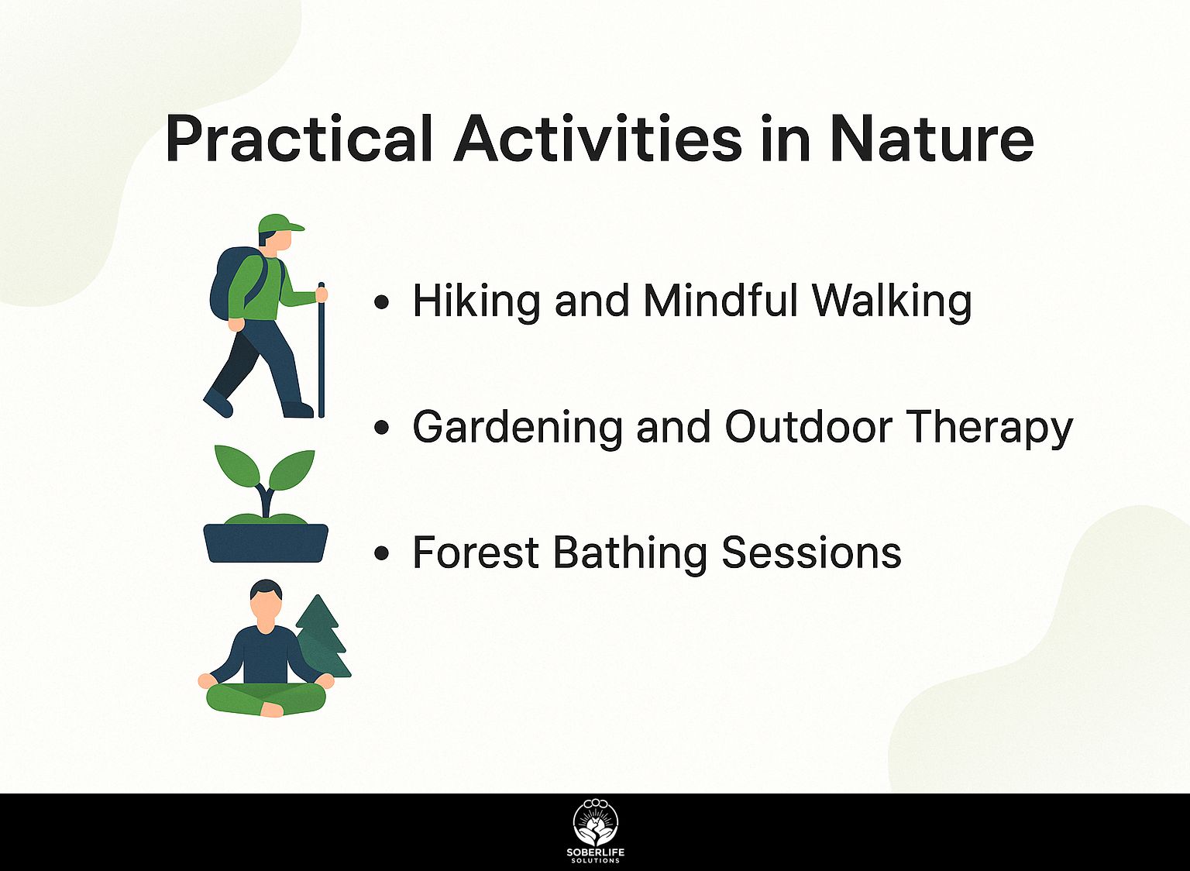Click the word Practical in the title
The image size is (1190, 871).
pos(298,138)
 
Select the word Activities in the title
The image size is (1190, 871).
pos(597,138)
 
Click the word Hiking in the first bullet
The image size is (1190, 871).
pos(476,302)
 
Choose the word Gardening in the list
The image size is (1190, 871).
pos(517,428)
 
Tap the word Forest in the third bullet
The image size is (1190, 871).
pos(476,553)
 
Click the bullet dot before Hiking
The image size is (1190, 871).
pos(381,303)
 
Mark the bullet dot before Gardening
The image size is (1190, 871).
pos(381,428)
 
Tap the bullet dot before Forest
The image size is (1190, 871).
pos(381,553)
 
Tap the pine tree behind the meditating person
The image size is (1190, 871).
pos(322,638)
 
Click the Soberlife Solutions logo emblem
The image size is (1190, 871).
pos(596,823)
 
